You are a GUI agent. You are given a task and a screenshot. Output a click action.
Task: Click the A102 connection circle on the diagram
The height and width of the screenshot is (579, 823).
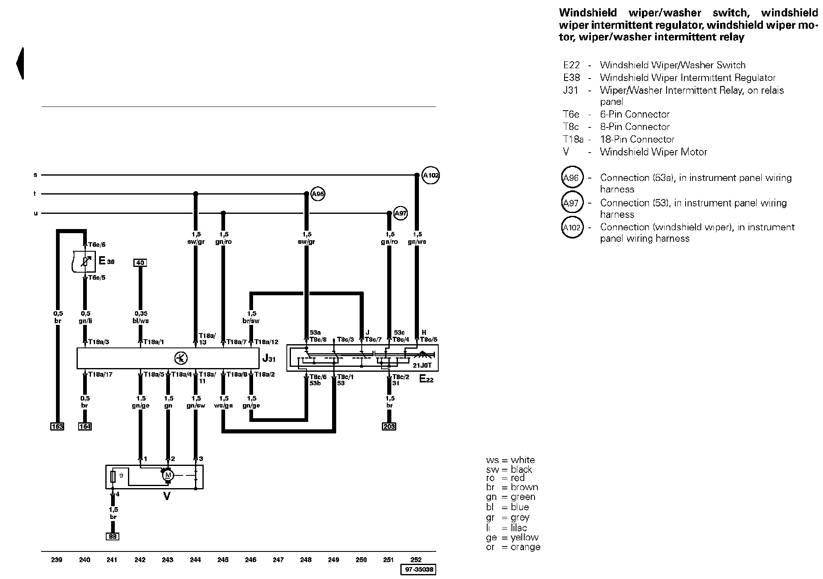pos(431,176)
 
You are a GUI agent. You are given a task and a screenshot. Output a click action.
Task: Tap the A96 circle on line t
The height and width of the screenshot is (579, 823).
pos(318,194)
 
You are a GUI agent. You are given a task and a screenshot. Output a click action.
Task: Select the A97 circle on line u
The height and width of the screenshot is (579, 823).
pos(400,213)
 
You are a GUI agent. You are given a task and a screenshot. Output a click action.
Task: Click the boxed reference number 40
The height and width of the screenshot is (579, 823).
pos(140,263)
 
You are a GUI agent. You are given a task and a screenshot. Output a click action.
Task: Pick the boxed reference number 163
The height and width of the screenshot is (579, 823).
pos(57,426)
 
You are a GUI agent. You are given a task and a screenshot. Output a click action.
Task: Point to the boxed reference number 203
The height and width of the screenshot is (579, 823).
pos(389,426)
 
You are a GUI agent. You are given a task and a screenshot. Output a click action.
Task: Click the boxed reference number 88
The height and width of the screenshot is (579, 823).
pos(112,536)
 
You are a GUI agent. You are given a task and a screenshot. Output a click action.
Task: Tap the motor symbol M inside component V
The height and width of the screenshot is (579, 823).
pos(167,475)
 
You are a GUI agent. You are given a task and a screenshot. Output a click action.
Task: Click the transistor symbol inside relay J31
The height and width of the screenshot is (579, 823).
pos(181,358)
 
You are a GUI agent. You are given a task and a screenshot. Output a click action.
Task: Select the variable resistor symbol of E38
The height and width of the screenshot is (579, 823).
pos(85,261)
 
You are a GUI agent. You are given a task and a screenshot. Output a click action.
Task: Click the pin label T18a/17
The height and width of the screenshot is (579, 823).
pos(100,375)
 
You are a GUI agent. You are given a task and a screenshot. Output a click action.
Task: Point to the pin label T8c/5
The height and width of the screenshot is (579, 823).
pos(428,340)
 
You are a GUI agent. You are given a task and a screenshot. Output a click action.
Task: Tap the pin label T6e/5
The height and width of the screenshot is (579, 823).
pos(97,278)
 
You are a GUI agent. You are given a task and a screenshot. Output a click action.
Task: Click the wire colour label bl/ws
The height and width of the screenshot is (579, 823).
pos(141,321)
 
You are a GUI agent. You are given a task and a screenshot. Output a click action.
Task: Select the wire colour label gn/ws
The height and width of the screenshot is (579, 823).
pos(417,242)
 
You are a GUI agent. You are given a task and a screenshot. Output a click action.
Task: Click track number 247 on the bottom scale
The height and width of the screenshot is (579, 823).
pos(278,560)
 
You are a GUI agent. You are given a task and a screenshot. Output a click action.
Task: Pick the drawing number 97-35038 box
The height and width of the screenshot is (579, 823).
pos(418,570)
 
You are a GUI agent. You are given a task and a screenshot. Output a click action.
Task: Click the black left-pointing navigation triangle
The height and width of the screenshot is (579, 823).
pos(20,63)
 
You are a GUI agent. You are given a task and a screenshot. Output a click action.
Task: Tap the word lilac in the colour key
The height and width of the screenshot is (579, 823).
pos(519,528)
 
